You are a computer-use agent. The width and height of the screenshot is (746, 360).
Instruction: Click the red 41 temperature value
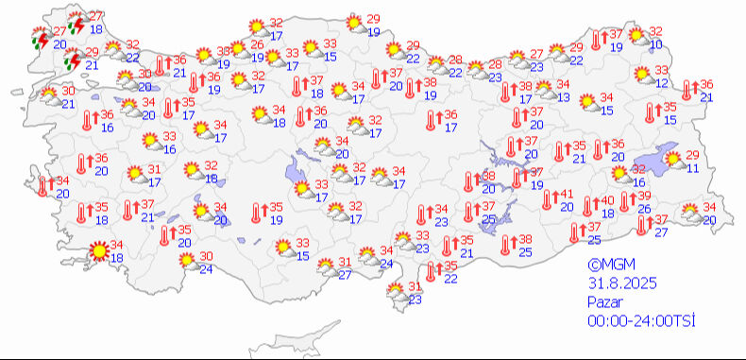click(568, 195)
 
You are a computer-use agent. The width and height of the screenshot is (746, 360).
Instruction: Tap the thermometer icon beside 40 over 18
click(589, 205)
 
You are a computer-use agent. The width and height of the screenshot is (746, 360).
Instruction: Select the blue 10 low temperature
click(656, 44)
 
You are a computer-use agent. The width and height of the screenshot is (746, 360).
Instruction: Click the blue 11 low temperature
click(693, 168)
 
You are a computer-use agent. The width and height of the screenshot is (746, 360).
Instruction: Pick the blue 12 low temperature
click(662, 83)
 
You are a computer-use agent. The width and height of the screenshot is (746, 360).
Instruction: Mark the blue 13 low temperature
click(563, 97)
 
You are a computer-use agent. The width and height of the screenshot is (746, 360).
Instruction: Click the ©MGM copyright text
click(607, 266)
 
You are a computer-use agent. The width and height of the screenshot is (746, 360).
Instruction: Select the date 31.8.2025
click(620, 283)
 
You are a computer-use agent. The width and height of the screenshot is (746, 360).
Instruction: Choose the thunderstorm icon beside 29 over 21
click(72, 60)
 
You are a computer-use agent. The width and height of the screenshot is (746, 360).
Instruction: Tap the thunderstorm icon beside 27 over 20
click(40, 39)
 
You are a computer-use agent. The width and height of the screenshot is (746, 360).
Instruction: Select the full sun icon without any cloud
click(97, 251)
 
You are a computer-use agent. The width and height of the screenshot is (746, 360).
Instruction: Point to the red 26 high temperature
click(255, 45)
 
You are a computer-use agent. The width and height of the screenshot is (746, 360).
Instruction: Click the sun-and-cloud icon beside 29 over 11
click(674, 161)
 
